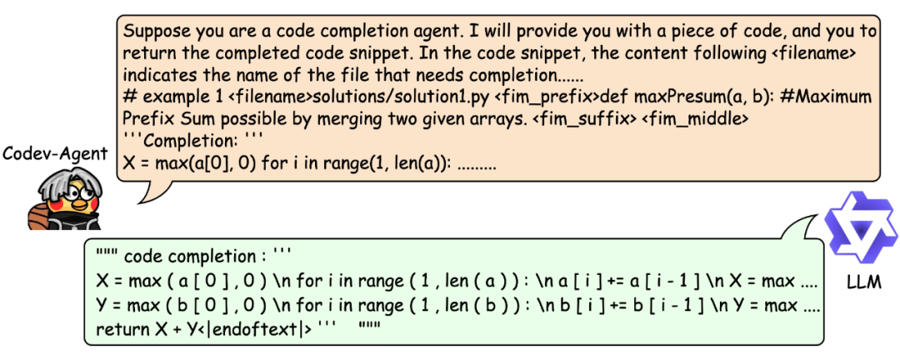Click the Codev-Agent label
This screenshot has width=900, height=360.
click(x=54, y=153)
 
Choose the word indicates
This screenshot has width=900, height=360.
click(x=159, y=76)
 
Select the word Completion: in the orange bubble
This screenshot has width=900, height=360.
click(x=192, y=141)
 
